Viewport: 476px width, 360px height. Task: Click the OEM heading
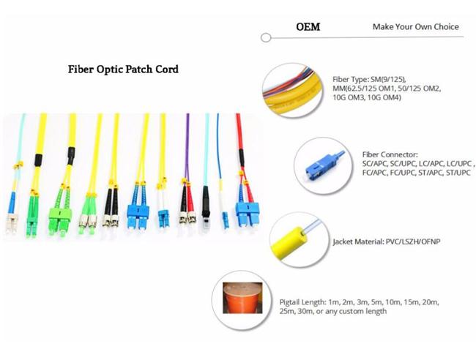tap(308, 26)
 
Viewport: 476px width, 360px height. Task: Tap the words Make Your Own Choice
tap(416, 26)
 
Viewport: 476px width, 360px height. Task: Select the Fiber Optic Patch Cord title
tap(123, 70)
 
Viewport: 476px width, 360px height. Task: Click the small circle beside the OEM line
tap(266, 38)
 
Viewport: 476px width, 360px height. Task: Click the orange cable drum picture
tap(242, 298)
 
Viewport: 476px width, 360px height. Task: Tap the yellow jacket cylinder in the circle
tap(287, 243)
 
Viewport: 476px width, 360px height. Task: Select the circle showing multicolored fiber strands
tap(292, 90)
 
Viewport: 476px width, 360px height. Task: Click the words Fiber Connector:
tap(390, 154)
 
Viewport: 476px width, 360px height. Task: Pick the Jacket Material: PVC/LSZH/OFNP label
tap(387, 241)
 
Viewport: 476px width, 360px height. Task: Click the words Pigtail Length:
tap(302, 302)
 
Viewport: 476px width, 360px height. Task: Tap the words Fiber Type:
tap(351, 80)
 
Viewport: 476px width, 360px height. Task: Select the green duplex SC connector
tap(60, 214)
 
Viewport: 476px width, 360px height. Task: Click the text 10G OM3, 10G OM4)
tap(367, 97)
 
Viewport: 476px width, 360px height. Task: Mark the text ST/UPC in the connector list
tap(458, 173)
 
